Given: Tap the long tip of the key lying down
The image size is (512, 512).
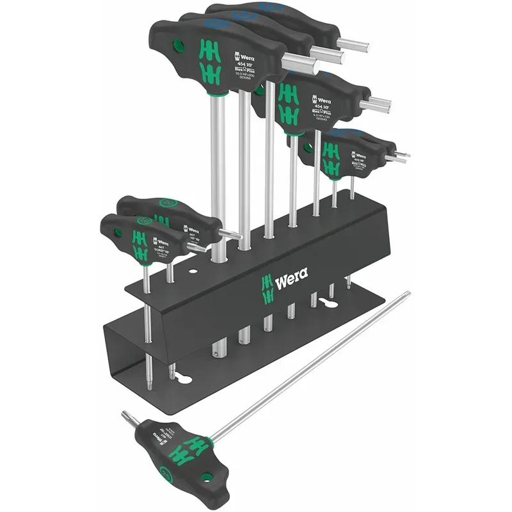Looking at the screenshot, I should [407, 294].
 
